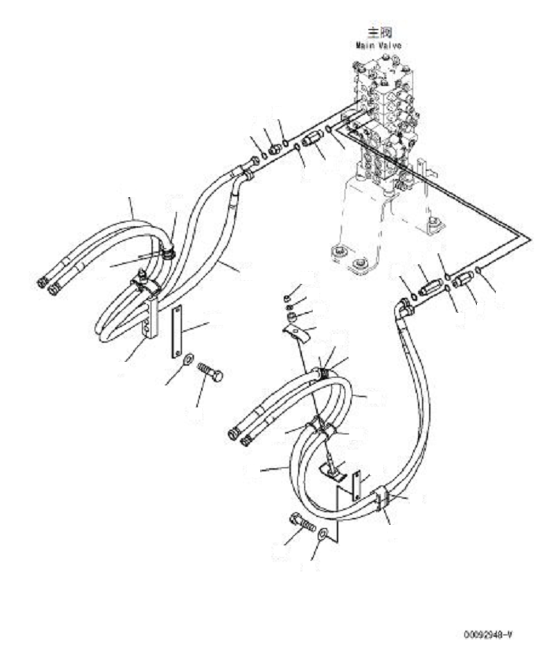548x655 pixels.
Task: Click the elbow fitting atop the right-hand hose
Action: click(x=404, y=310)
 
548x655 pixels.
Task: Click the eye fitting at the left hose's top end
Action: click(x=248, y=164)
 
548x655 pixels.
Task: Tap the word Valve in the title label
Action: click(x=390, y=45)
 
